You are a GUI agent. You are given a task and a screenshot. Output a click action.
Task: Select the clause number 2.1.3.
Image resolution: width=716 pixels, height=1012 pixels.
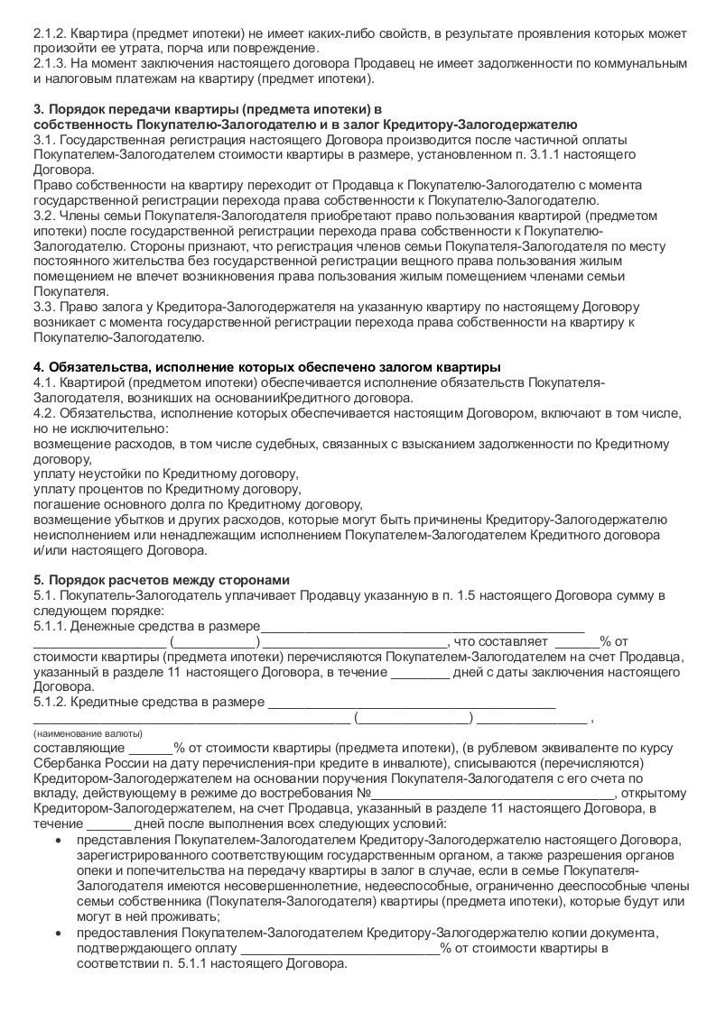point(49,64)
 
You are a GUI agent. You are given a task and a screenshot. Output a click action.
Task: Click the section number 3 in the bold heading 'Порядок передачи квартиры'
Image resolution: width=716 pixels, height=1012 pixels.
point(38,109)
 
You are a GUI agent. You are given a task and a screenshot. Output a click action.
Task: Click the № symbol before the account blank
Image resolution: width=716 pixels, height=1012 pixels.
point(366,795)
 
